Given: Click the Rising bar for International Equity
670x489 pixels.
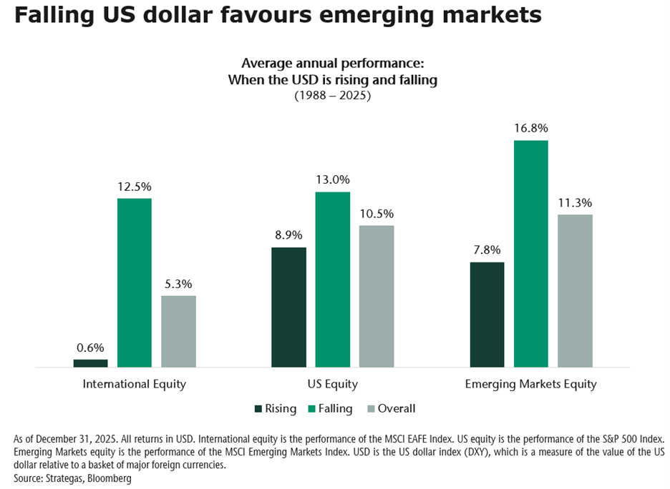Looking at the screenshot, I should point(90,363).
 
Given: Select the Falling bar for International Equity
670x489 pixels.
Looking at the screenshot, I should point(135,283).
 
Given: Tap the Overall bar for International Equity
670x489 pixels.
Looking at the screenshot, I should point(178,332).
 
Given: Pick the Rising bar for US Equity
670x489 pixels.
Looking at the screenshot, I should point(288,307).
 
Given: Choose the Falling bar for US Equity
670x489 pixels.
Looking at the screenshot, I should point(333,280).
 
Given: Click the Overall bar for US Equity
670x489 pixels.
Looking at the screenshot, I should point(377,297).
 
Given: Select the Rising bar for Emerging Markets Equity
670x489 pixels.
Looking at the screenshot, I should point(487,315).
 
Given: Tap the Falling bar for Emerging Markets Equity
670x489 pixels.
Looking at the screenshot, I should point(531,254).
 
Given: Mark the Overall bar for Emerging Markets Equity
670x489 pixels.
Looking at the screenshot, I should point(575,291).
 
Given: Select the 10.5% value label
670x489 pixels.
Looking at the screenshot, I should point(377,213).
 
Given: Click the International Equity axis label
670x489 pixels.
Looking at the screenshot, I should point(135,384).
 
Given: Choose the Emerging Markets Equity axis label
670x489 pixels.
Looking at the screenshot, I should point(530,384).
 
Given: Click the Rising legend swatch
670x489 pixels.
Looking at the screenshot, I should point(258,409).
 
